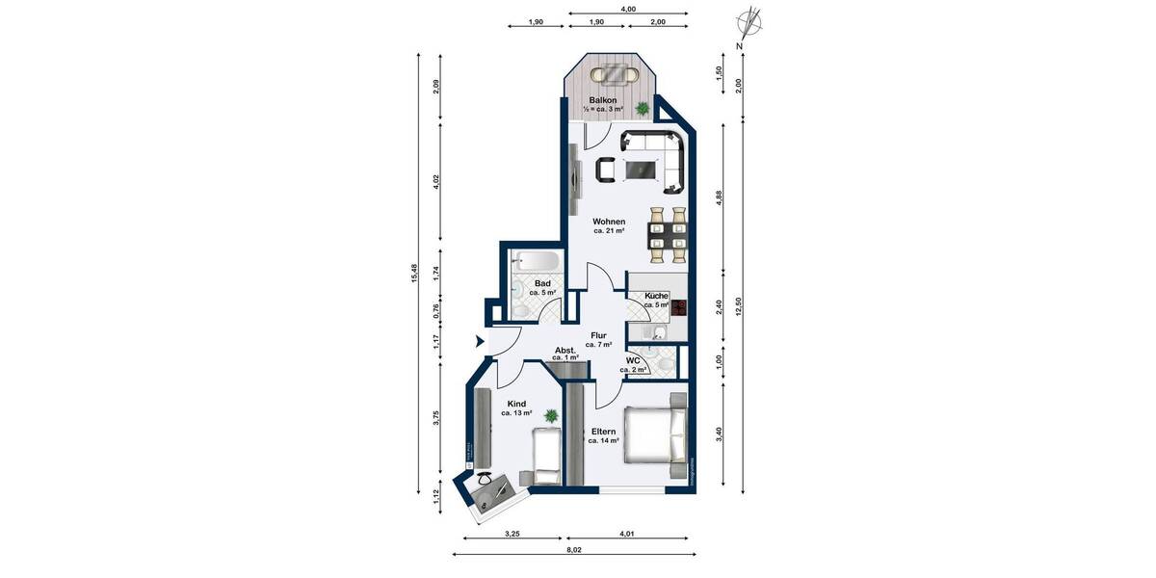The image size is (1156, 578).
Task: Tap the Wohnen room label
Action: [x=609, y=223]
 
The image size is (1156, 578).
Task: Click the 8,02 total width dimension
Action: [x=574, y=550]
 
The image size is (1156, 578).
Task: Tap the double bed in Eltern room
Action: [x=656, y=434]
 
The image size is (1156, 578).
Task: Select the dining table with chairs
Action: [x=668, y=236]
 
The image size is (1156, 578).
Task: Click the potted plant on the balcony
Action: [x=642, y=108]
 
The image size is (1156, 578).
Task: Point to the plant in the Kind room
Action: [x=551, y=416]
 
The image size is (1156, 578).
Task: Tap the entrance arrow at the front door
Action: [x=480, y=340]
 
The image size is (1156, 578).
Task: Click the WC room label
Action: [x=633, y=362]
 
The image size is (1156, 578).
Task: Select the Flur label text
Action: [x=599, y=335]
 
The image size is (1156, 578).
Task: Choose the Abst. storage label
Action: [x=565, y=350]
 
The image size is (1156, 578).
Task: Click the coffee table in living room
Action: [x=640, y=171]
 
